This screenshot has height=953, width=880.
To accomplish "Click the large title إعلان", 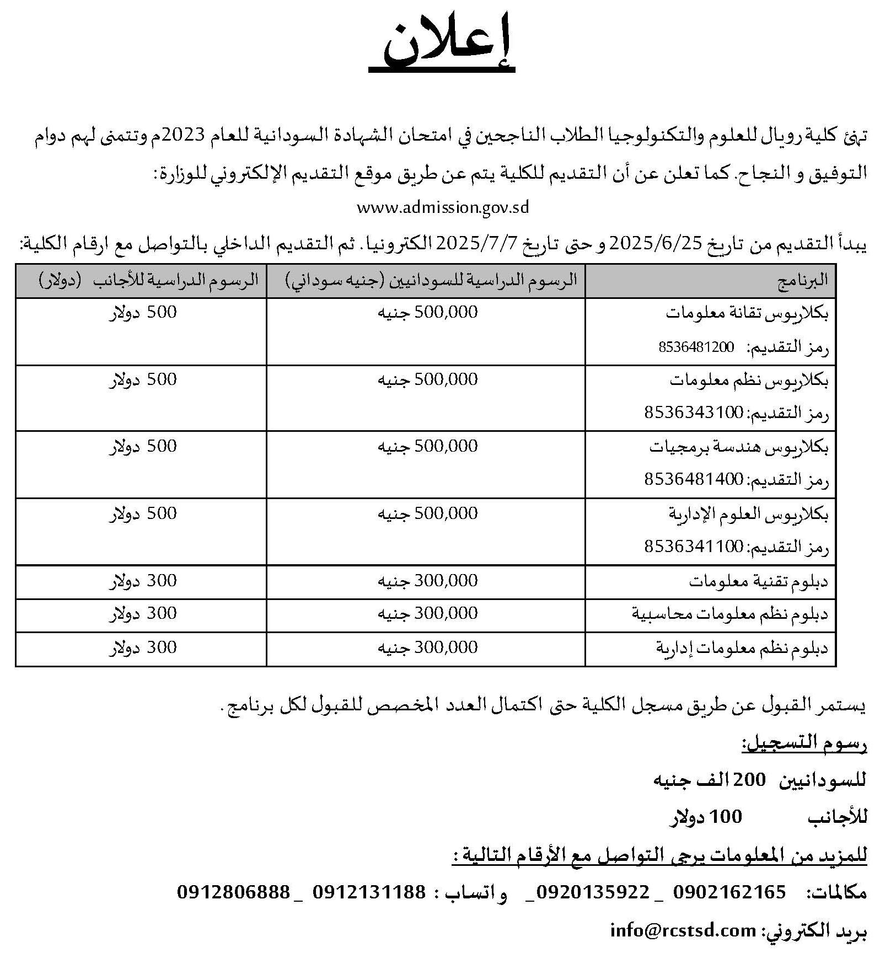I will coord(442,49).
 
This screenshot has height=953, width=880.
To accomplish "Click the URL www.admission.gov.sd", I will coord(443,208).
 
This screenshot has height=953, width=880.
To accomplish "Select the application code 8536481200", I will coord(696,347).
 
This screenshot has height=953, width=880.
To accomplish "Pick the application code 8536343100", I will coord(694,413).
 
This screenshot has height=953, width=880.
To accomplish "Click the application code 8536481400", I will coord(694,480).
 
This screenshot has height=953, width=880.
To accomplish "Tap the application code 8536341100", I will coord(694,547).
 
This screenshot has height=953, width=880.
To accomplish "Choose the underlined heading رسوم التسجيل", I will coord(804,745).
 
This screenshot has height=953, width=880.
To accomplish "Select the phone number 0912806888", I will coord(233,891).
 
